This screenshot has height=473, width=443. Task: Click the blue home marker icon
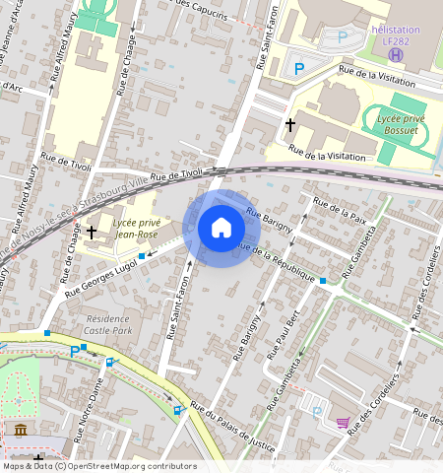221,229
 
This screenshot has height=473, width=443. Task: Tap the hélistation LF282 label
395,35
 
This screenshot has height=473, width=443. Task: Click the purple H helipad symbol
395,54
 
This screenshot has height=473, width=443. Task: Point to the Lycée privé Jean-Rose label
137,229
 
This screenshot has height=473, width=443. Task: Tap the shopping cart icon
342,423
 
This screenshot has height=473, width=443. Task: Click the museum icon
21,430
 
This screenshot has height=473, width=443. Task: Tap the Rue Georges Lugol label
100,278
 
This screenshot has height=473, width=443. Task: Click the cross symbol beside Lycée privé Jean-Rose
92,233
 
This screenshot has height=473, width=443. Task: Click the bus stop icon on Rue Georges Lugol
142,256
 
